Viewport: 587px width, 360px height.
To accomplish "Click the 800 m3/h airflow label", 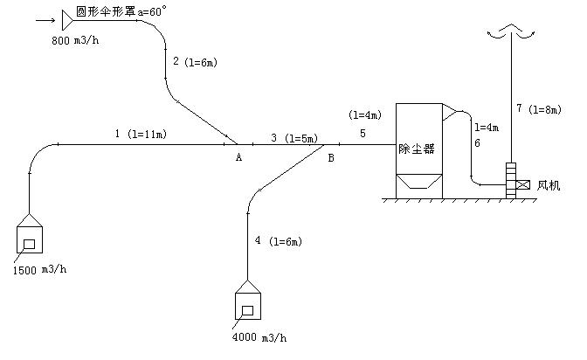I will pyautogui.click(x=75, y=41).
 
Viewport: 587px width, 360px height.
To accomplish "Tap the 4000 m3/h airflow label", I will pyautogui.click(x=259, y=337).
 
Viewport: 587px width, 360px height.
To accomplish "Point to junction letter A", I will pyautogui.click(x=238, y=157).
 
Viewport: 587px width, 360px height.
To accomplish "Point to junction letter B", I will pyautogui.click(x=330, y=158).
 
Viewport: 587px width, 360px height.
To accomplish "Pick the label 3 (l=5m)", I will pyautogui.click(x=293, y=138).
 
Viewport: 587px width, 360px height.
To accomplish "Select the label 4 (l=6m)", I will pyautogui.click(x=277, y=240).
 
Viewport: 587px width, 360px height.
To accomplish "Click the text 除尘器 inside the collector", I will pyautogui.click(x=417, y=148).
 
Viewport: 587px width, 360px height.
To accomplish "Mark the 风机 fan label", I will pyautogui.click(x=548, y=185).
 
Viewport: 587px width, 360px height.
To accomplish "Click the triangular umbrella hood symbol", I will pyautogui.click(x=67, y=18).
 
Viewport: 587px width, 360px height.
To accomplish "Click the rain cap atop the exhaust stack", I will pyautogui.click(x=509, y=32).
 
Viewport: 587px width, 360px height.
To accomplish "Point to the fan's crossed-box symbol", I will pyautogui.click(x=523, y=185).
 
